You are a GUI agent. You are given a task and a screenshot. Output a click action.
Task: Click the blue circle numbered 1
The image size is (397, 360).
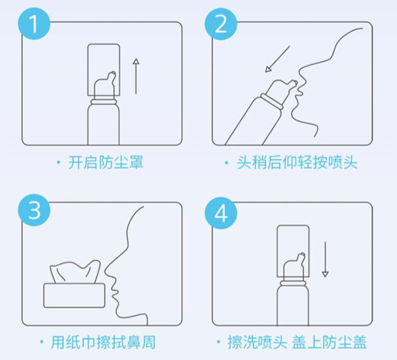coord(34,23)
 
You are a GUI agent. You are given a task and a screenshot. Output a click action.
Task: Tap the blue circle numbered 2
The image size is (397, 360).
coord(221,23)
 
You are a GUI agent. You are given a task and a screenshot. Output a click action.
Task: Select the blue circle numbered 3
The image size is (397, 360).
coord(34,210)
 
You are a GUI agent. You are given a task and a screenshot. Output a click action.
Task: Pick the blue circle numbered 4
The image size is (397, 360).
coord(221,213)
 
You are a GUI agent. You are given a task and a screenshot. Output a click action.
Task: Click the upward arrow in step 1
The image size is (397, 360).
coord(136,76)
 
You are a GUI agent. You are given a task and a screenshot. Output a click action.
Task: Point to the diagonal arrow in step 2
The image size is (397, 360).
coord(277,60)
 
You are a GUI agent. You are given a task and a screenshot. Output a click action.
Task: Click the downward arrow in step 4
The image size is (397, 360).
coord(325,259)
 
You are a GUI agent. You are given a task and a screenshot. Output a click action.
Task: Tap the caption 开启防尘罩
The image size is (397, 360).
coord(106,162)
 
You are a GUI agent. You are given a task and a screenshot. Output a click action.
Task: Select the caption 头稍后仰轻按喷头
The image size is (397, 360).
coord(297,162)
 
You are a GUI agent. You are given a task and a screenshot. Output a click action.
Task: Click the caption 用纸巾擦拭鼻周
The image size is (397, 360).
coord(103,342)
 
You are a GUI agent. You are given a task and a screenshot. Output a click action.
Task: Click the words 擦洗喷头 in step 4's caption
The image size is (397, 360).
coord(257,342)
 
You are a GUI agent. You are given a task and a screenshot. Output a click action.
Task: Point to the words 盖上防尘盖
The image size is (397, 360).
coord(330,342)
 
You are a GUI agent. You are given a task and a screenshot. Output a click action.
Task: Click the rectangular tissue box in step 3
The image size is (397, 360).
coord(74,295)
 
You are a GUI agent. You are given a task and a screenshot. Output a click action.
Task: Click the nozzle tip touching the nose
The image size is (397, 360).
coord(295,83)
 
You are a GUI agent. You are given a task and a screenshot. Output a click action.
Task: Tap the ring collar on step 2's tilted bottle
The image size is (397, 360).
coord(272,101)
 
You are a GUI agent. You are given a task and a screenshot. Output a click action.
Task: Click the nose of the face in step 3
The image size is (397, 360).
coord(109,269)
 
